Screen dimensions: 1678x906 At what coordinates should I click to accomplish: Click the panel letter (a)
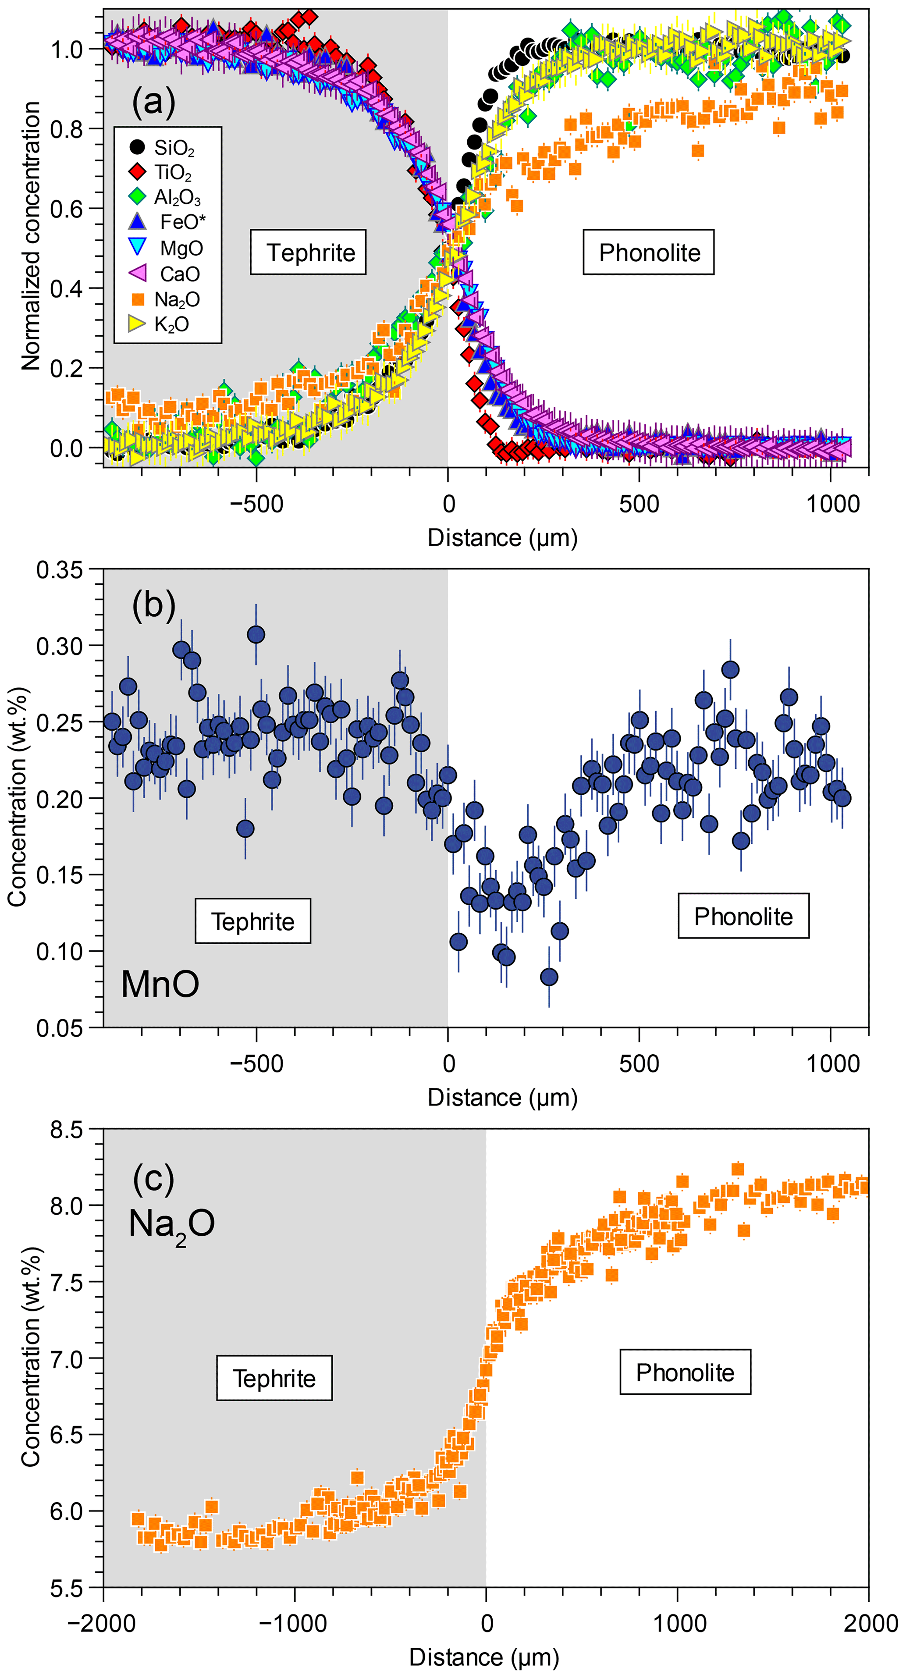click(x=154, y=102)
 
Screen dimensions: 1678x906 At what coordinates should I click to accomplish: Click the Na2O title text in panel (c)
click(x=171, y=1223)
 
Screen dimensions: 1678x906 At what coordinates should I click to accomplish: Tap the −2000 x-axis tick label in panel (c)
click(x=103, y=1623)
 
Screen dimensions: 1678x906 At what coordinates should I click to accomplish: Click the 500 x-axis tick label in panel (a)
click(x=639, y=504)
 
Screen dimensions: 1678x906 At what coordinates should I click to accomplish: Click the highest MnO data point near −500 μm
click(x=256, y=634)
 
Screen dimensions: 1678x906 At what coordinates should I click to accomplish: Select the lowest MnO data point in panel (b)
click(x=549, y=977)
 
